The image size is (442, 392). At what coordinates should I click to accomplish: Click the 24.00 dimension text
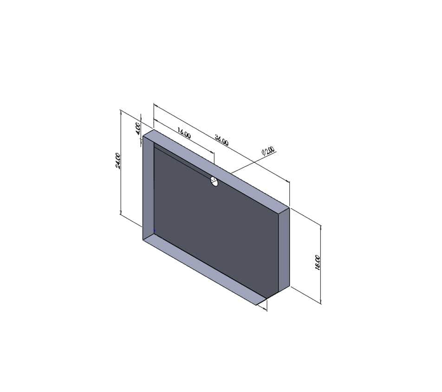pos(118,161)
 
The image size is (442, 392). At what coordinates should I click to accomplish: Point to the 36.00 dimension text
pos(221,140)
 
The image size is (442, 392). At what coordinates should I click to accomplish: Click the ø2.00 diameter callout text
pos(268,151)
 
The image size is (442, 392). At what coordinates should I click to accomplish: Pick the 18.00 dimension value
pos(318,263)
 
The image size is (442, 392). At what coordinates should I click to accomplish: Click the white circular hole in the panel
pos(214,181)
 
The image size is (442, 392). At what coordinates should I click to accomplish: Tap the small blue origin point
pos(155,230)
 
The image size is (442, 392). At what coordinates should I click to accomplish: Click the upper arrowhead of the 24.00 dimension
pos(121,112)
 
